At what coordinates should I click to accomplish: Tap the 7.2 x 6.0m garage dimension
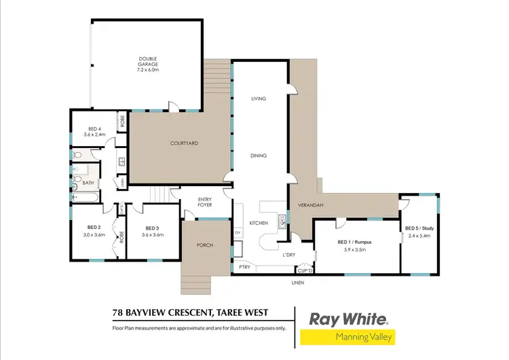[x=148, y=69]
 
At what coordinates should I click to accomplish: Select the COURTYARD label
[x=183, y=143]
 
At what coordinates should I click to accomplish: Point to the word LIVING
[x=258, y=98]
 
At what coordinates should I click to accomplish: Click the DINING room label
[x=258, y=156]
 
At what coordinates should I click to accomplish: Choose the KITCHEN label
[x=258, y=223]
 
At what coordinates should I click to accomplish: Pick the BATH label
[x=88, y=183]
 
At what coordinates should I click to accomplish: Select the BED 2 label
[x=94, y=228]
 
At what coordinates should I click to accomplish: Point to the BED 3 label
[x=152, y=228]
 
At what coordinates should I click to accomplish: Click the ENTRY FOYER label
[x=205, y=202]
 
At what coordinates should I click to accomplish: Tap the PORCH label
[x=205, y=245]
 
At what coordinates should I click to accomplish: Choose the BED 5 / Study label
[x=419, y=228]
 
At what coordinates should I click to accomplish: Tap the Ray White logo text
[x=348, y=319]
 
